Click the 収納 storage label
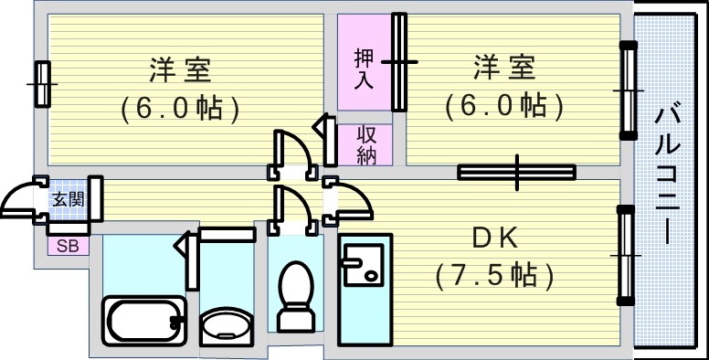366,145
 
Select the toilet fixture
293,297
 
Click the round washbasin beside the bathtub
226,326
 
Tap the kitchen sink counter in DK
365,290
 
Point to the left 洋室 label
179,69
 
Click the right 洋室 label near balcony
503,68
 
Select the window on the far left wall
42,84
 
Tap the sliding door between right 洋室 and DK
516,171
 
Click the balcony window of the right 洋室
628,90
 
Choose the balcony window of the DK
626,256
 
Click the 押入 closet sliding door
398,62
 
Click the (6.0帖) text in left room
180,109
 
